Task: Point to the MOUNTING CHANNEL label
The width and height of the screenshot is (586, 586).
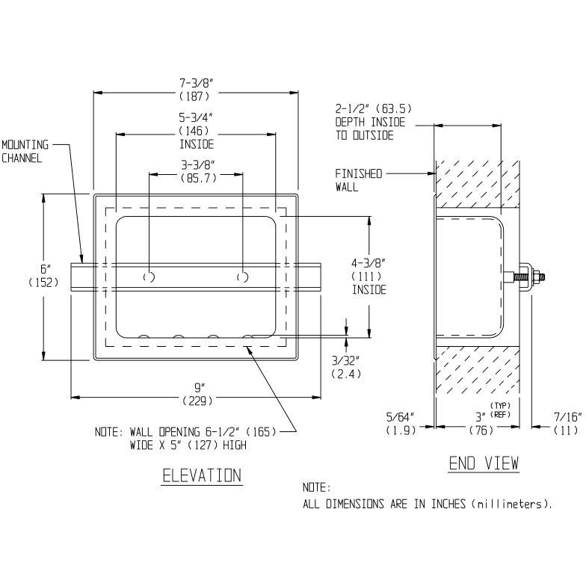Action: (24, 151)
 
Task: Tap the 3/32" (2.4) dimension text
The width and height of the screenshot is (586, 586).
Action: (345, 366)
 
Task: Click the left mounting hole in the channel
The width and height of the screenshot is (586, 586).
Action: (149, 277)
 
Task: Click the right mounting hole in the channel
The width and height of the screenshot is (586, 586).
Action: (242, 277)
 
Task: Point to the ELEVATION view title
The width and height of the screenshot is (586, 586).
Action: (202, 476)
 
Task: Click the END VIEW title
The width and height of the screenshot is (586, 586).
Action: (483, 463)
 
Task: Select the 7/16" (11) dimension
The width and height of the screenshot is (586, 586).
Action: (567, 423)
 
